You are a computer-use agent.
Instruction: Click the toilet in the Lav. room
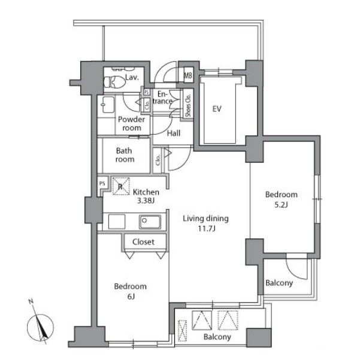click(x=114, y=81)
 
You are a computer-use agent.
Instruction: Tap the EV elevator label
click(x=217, y=108)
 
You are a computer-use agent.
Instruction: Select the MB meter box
click(x=188, y=75)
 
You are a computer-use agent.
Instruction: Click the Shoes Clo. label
click(x=188, y=105)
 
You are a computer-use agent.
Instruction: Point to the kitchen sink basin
click(x=150, y=222)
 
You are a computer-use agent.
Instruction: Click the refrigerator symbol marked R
click(x=121, y=186)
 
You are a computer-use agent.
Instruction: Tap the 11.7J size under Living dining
click(x=207, y=229)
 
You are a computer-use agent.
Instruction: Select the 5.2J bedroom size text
click(x=281, y=205)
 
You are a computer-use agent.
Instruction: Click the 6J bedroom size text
click(x=131, y=297)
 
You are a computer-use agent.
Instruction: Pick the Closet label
click(x=144, y=242)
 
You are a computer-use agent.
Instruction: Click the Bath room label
click(x=125, y=155)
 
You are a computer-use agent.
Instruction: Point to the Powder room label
click(x=132, y=123)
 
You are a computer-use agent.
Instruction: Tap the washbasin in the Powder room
click(x=108, y=104)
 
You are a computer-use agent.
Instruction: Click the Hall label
click(x=174, y=133)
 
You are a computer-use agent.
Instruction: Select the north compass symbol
click(x=40, y=327)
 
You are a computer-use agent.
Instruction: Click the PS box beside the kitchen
click(x=102, y=183)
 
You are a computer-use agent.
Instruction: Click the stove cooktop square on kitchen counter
click(x=117, y=222)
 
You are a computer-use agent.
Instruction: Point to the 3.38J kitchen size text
click(x=146, y=201)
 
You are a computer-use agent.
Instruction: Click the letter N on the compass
click(x=31, y=301)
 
